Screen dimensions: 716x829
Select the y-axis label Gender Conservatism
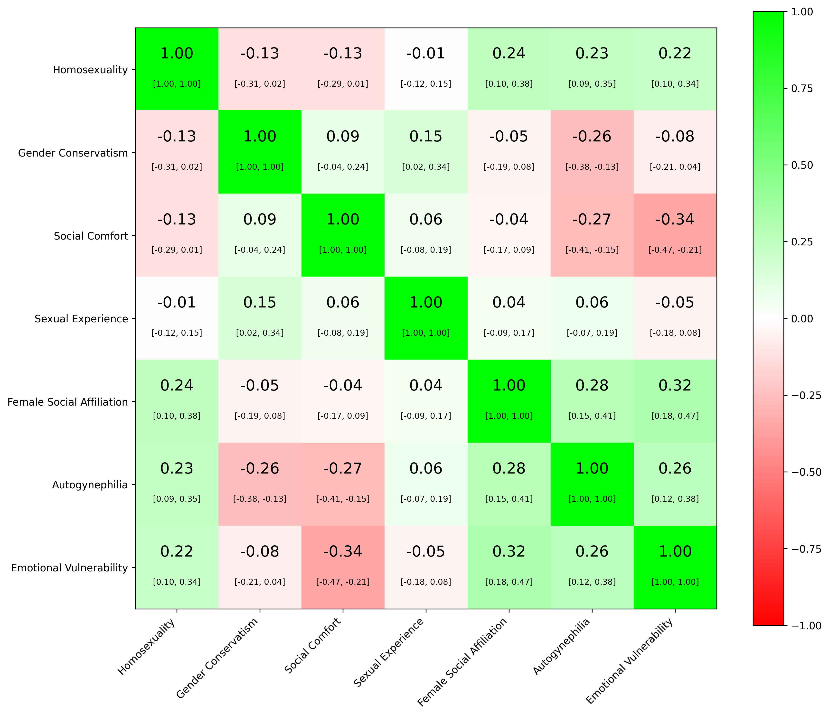[73, 153]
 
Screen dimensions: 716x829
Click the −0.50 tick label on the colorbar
[805, 472]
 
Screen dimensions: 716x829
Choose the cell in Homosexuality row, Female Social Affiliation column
[509, 69]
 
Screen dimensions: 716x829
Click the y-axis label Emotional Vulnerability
[69, 567]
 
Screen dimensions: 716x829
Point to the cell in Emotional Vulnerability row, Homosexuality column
[177, 567]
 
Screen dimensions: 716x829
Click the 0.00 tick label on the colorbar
[802, 319]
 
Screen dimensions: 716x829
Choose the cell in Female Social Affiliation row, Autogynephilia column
[592, 401]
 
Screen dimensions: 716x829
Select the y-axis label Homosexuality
[90, 70]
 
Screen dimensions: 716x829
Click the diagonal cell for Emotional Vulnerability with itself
[675, 567]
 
